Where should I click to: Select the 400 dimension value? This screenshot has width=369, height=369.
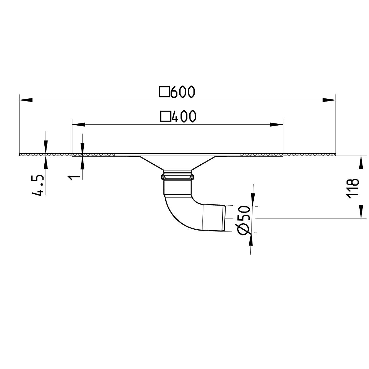coord(184,117)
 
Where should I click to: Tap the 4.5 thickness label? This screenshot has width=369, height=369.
coord(38,185)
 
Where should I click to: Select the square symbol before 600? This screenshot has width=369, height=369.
coord(164,92)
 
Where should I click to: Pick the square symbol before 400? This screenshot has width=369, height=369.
coord(165,117)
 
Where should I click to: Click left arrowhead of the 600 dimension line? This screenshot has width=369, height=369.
coord(26,100)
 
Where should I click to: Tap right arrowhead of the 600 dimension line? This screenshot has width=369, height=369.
coord(329,100)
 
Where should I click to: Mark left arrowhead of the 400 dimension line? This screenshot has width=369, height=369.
coord(78,125)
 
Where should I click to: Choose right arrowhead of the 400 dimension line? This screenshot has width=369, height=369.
coord(277,125)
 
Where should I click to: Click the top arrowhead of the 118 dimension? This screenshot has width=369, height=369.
coord(361,162)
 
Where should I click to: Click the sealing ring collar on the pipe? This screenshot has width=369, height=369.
coord(177,177)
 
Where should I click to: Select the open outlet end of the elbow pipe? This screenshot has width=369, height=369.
coord(224,218)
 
